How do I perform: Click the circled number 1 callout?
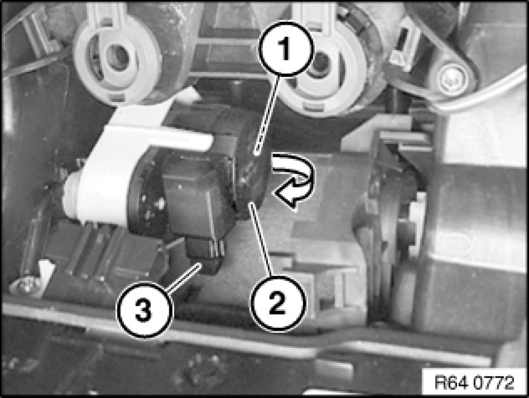coord(285,49)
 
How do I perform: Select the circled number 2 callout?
coord(277,303)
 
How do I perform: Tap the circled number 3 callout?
coord(144,310)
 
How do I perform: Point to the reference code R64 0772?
coord(475,382)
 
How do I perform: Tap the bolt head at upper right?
coord(452,80)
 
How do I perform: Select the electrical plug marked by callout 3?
coord(204,254)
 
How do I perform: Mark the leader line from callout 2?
coord(261,239)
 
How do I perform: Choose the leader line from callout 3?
coord(184,278)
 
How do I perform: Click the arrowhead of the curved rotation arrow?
coord(287,196)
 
